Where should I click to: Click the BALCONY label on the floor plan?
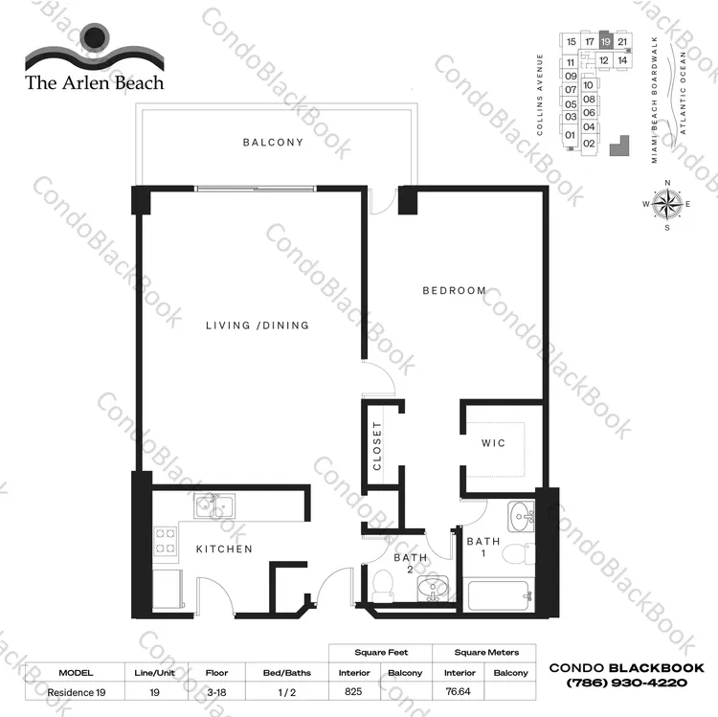[273, 143]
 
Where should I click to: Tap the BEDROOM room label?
[454, 291]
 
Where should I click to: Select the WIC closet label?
[493, 443]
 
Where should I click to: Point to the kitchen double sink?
[214, 506]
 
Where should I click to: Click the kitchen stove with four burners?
[166, 541]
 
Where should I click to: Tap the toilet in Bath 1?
[519, 553]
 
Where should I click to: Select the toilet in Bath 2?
[383, 586]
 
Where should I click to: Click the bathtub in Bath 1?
[500, 594]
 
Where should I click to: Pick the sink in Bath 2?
[433, 588]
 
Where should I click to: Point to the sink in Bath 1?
[521, 517]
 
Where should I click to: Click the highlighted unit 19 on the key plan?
[606, 42]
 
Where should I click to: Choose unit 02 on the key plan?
[590, 144]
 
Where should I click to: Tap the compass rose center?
[667, 204]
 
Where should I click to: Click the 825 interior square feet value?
[353, 691]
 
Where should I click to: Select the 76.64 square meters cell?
[458, 691]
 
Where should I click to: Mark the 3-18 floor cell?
[216, 692]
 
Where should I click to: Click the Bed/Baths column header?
[287, 673]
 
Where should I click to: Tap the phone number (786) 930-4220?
[627, 683]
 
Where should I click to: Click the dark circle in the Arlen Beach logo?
[95, 36]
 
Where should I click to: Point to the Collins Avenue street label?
[540, 95]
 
